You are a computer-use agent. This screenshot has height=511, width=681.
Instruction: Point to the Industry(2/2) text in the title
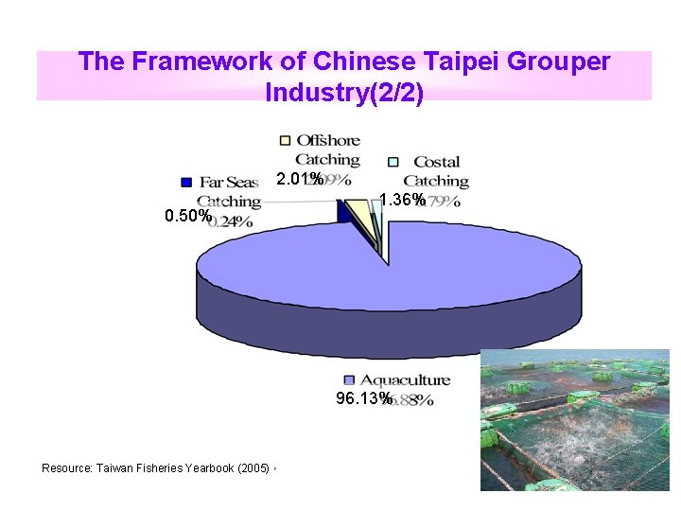[x=344, y=93]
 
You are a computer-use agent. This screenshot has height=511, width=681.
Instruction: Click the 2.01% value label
[x=297, y=180]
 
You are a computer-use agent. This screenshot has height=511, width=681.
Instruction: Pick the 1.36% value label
[x=401, y=200]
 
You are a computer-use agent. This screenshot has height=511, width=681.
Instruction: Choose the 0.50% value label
[x=187, y=216]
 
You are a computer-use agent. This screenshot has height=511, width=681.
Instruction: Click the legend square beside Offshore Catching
[x=286, y=141]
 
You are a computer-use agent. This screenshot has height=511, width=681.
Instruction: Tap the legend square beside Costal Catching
[x=393, y=162]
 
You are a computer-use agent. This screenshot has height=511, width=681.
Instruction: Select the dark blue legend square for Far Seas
[x=186, y=182]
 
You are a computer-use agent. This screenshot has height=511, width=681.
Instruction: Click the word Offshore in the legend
[x=328, y=141]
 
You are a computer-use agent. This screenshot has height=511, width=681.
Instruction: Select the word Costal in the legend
[x=436, y=162]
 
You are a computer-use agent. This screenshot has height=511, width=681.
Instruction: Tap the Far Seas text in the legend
[x=228, y=182]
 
